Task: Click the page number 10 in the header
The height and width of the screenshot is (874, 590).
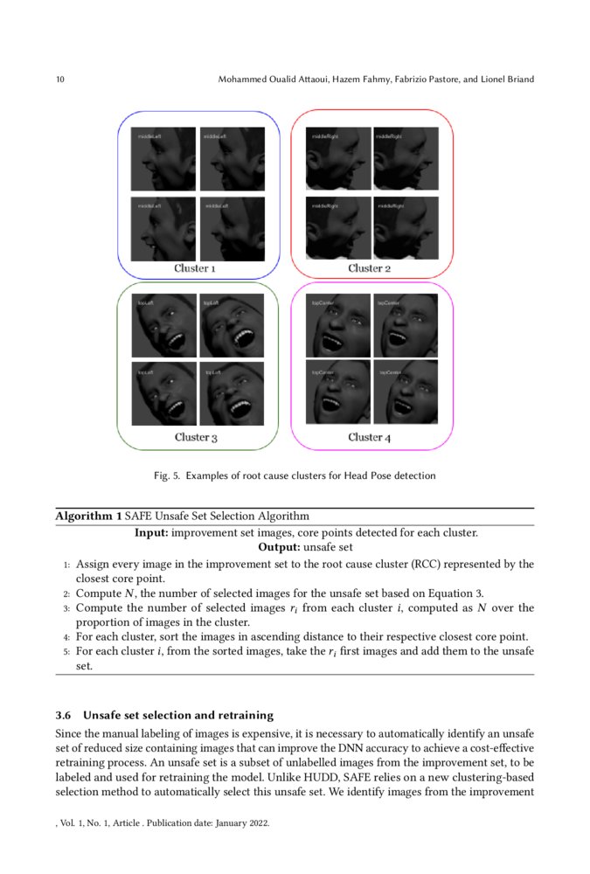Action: click(x=60, y=80)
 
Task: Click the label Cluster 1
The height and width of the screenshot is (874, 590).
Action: click(x=196, y=268)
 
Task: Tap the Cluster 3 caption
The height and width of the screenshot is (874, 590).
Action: click(x=196, y=437)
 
